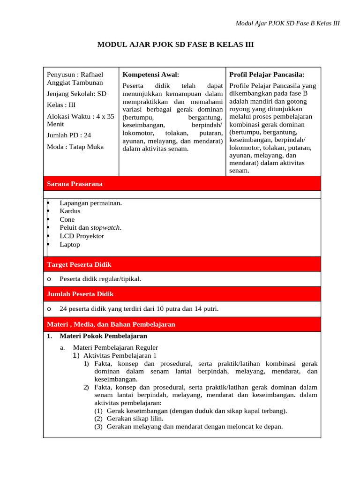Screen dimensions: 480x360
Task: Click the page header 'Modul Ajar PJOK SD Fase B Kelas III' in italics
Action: (x=287, y=23)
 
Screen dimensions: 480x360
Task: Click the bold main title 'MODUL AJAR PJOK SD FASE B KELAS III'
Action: (x=175, y=45)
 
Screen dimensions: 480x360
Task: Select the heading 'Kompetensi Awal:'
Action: (x=150, y=75)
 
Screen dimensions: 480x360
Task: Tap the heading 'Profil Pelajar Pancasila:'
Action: (x=267, y=75)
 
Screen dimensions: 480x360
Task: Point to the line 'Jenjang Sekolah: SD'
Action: (x=76, y=94)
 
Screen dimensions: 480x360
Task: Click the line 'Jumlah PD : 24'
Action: (x=69, y=135)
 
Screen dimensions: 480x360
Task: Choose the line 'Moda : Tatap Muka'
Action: (x=75, y=147)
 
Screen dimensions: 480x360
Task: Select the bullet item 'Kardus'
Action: (x=70, y=211)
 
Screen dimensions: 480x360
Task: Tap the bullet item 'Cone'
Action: (x=67, y=219)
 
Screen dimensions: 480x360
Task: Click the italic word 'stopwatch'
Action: (x=105, y=228)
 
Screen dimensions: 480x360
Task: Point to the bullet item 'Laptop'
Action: (x=70, y=245)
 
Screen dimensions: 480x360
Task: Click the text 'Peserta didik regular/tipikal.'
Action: (x=100, y=279)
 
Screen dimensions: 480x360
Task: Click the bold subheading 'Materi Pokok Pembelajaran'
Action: (x=103, y=336)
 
